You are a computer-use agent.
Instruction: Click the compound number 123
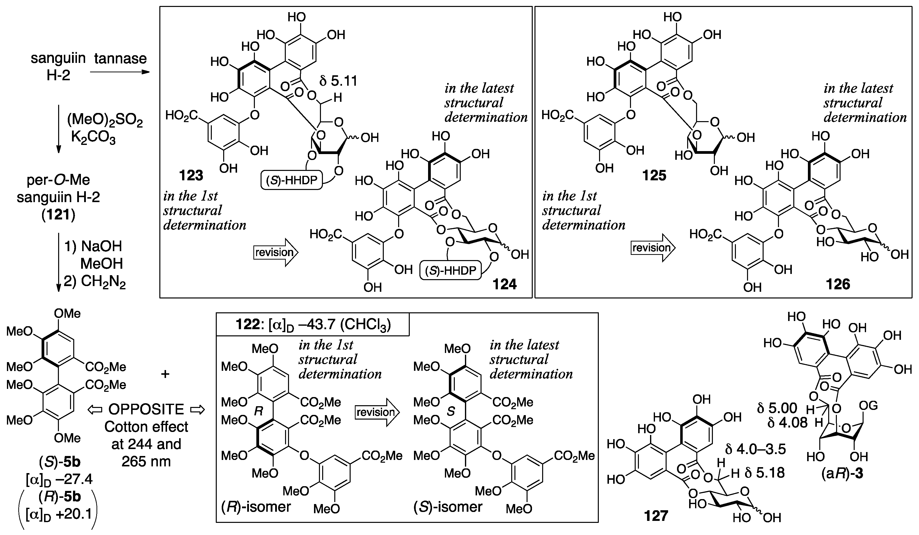click(x=191, y=176)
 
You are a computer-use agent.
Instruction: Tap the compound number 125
click(x=654, y=176)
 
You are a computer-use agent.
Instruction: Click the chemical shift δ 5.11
click(x=338, y=81)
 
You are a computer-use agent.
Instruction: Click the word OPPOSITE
click(x=146, y=409)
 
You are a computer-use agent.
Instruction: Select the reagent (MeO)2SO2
click(x=105, y=121)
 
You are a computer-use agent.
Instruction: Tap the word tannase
click(x=120, y=58)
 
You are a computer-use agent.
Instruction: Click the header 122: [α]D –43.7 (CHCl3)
click(x=313, y=324)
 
